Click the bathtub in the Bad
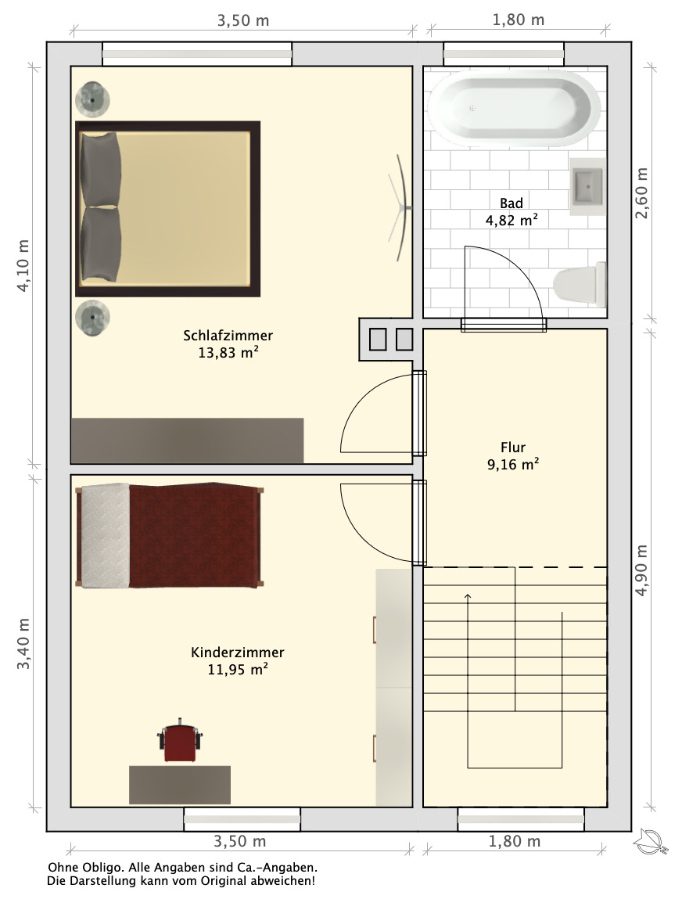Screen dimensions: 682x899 (x=514, y=108)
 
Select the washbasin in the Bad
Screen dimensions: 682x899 (x=587, y=186)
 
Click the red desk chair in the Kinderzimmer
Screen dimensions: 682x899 (x=180, y=740)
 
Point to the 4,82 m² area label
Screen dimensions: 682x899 (x=511, y=220)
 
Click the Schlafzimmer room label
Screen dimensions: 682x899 (x=228, y=336)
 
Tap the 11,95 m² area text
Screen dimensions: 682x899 (x=238, y=669)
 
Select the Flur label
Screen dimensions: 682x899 (x=513, y=448)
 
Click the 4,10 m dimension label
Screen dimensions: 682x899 (x=23, y=265)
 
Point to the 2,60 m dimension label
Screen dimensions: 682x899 (x=641, y=193)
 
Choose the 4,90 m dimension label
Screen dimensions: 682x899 (x=641, y=570)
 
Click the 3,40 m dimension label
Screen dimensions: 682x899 (x=23, y=644)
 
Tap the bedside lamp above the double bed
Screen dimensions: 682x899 (x=92, y=100)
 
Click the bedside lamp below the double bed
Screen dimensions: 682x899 (x=92, y=317)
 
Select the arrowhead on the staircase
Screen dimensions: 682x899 (x=468, y=597)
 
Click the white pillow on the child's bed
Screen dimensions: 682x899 (x=106, y=535)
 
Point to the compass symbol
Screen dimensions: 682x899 (x=651, y=841)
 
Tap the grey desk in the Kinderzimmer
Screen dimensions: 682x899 (x=180, y=785)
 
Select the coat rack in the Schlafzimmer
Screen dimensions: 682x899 (x=401, y=207)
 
